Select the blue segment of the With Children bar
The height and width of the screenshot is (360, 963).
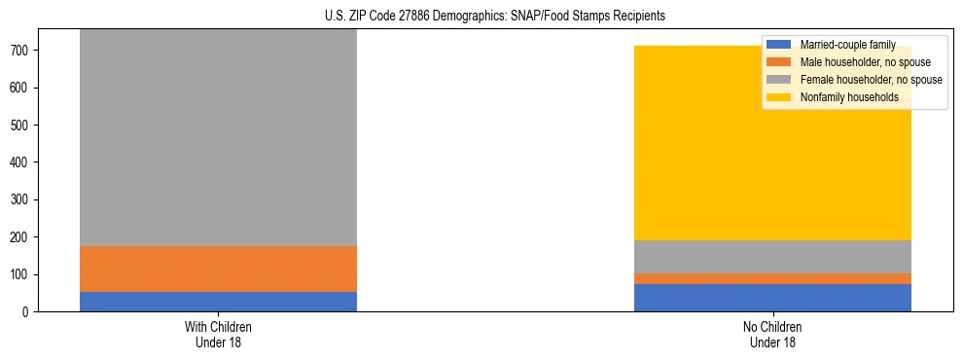(x=218, y=302)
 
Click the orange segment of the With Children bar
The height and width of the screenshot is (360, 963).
(x=218, y=269)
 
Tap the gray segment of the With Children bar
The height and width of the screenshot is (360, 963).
(x=218, y=136)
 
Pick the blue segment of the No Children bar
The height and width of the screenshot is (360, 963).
(x=772, y=298)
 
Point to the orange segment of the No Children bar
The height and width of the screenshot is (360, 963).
(x=772, y=278)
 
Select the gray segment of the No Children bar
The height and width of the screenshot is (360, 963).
(x=772, y=257)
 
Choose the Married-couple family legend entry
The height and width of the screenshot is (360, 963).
(x=846, y=45)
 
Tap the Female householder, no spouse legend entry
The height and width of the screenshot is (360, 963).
(x=870, y=80)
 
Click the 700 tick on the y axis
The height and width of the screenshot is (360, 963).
(x=23, y=51)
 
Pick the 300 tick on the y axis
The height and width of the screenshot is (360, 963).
(x=23, y=199)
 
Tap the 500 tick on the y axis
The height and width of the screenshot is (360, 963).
(x=23, y=126)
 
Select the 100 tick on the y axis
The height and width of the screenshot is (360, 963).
(x=23, y=274)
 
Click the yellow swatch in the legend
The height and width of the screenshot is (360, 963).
(x=779, y=97)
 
